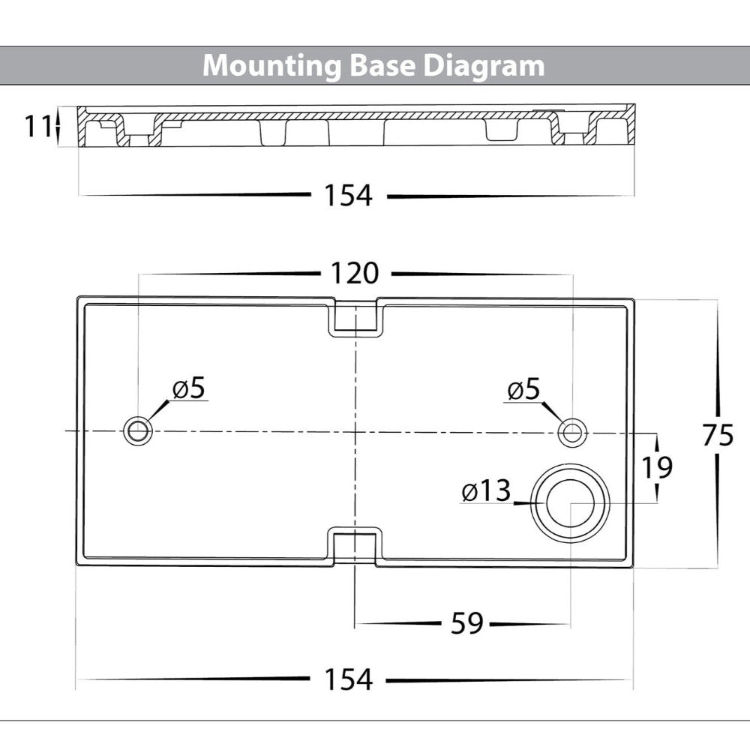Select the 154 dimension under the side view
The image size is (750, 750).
(348, 196)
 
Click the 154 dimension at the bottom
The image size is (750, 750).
(348, 679)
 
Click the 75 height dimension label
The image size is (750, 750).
(718, 435)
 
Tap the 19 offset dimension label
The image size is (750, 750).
(656, 467)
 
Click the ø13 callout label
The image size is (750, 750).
(486, 492)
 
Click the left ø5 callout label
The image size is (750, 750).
(188, 388)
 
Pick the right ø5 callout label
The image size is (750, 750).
(523, 389)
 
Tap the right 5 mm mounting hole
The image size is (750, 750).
(572, 431)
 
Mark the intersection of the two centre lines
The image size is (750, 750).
(354, 431)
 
